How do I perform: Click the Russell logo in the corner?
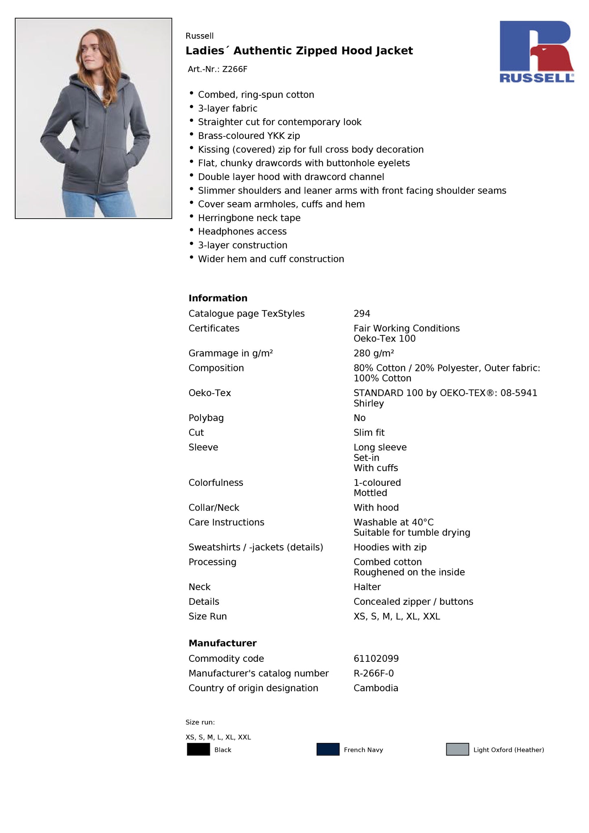point(536,51)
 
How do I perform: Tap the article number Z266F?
point(234,69)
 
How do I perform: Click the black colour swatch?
point(198,749)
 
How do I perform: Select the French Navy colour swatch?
point(328,749)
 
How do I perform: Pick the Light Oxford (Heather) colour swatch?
point(457,749)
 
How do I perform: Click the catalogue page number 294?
point(362,314)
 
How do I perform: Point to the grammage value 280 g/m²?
point(373,353)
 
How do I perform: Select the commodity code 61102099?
point(376,659)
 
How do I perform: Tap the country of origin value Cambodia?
point(375,688)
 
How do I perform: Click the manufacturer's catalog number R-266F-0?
point(373,673)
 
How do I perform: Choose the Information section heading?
point(218,298)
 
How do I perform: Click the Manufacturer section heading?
point(222,643)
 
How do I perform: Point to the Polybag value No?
point(359,418)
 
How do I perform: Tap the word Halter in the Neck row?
point(367,587)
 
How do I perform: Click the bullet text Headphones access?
point(242,231)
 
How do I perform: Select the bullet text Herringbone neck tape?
point(249,218)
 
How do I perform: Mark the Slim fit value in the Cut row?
point(369,433)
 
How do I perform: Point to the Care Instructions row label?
point(226,522)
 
